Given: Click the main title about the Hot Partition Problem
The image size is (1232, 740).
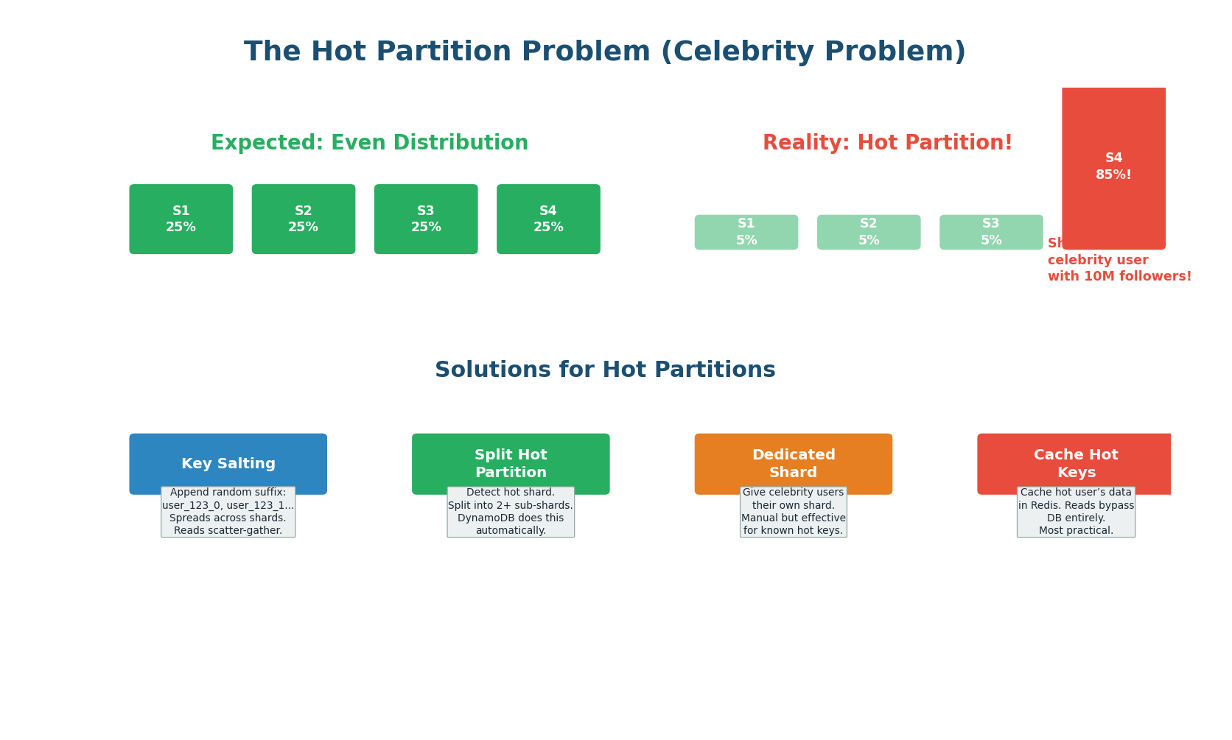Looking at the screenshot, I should point(604,52).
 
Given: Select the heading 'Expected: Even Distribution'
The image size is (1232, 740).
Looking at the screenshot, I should point(369,143).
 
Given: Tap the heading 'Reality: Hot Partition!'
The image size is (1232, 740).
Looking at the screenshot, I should point(887,143).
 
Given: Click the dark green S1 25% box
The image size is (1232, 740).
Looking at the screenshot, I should point(181,219).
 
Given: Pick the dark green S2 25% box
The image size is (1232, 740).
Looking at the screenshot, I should point(303,219).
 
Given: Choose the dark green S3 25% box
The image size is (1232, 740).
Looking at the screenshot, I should point(426,219).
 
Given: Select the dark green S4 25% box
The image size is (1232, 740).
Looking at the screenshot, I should point(548,219).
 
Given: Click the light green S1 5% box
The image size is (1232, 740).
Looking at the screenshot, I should point(746,232).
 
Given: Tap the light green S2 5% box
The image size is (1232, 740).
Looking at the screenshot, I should point(868,232).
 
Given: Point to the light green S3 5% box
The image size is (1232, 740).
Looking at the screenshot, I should point(991,232).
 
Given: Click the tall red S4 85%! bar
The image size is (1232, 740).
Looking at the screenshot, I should point(1113,167).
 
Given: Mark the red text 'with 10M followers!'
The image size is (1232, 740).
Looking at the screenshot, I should point(1119,277).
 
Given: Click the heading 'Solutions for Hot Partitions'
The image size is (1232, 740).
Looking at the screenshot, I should point(604,370).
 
